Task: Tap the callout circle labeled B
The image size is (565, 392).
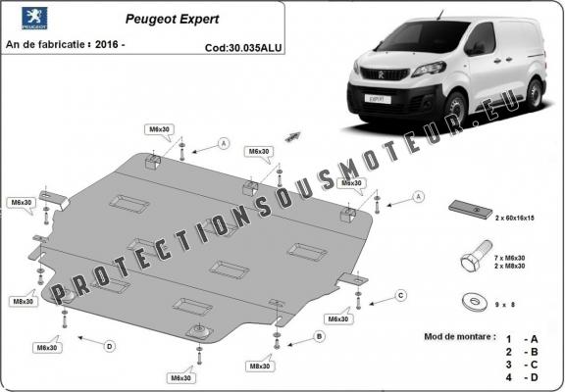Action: tap(319, 336)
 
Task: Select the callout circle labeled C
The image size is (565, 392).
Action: tap(400, 295)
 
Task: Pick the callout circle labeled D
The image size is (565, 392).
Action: tap(109, 345)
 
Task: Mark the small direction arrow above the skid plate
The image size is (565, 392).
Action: tap(291, 135)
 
